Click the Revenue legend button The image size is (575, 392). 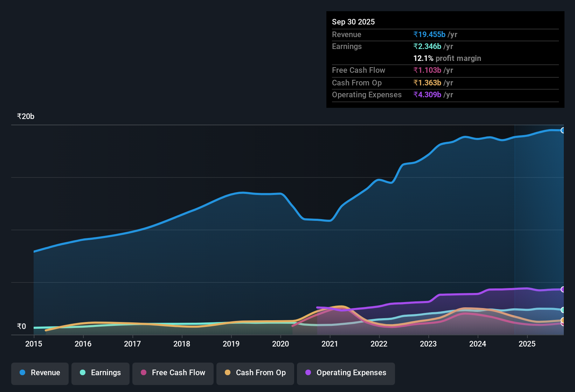(x=40, y=373)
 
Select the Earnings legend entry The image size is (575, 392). (x=101, y=373)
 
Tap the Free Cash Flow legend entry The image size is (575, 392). (x=173, y=373)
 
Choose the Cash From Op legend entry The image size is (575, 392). (x=255, y=373)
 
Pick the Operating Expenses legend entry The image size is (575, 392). (x=346, y=373)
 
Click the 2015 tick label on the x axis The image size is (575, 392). (x=34, y=344)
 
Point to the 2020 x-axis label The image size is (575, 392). (x=280, y=344)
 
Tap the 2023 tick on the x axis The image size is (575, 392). (x=428, y=344)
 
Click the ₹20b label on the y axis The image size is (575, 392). (x=26, y=117)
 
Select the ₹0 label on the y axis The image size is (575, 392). (x=21, y=327)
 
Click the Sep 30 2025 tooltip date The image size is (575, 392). (x=353, y=22)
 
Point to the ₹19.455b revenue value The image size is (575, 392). (x=429, y=34)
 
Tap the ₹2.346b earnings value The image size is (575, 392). (x=427, y=46)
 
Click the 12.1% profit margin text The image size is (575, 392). (x=447, y=58)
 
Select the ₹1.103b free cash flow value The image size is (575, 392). (x=427, y=70)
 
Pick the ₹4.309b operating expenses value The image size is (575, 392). (x=427, y=94)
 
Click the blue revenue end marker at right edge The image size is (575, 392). (x=563, y=130)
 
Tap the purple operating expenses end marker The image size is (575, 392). (x=563, y=289)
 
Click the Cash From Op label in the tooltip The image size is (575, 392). (x=357, y=83)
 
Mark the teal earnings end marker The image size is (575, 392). (x=563, y=310)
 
